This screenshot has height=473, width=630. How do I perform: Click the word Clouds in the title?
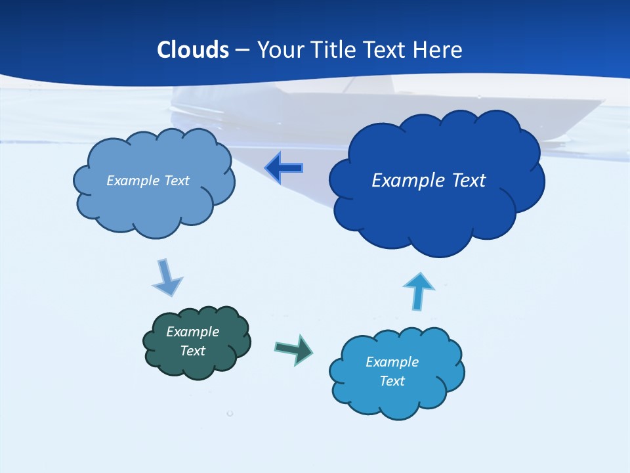[192, 50]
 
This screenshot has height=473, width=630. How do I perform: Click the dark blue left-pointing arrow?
[283, 168]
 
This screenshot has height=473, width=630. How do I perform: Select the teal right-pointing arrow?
[294, 349]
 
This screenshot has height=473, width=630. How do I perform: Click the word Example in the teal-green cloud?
[193, 332]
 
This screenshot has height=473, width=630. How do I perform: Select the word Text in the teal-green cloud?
[193, 351]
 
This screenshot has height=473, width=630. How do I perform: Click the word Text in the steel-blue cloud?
[176, 181]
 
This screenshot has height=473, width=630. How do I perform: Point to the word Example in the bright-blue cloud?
[392, 362]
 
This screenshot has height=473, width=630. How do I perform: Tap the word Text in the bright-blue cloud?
[392, 381]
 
